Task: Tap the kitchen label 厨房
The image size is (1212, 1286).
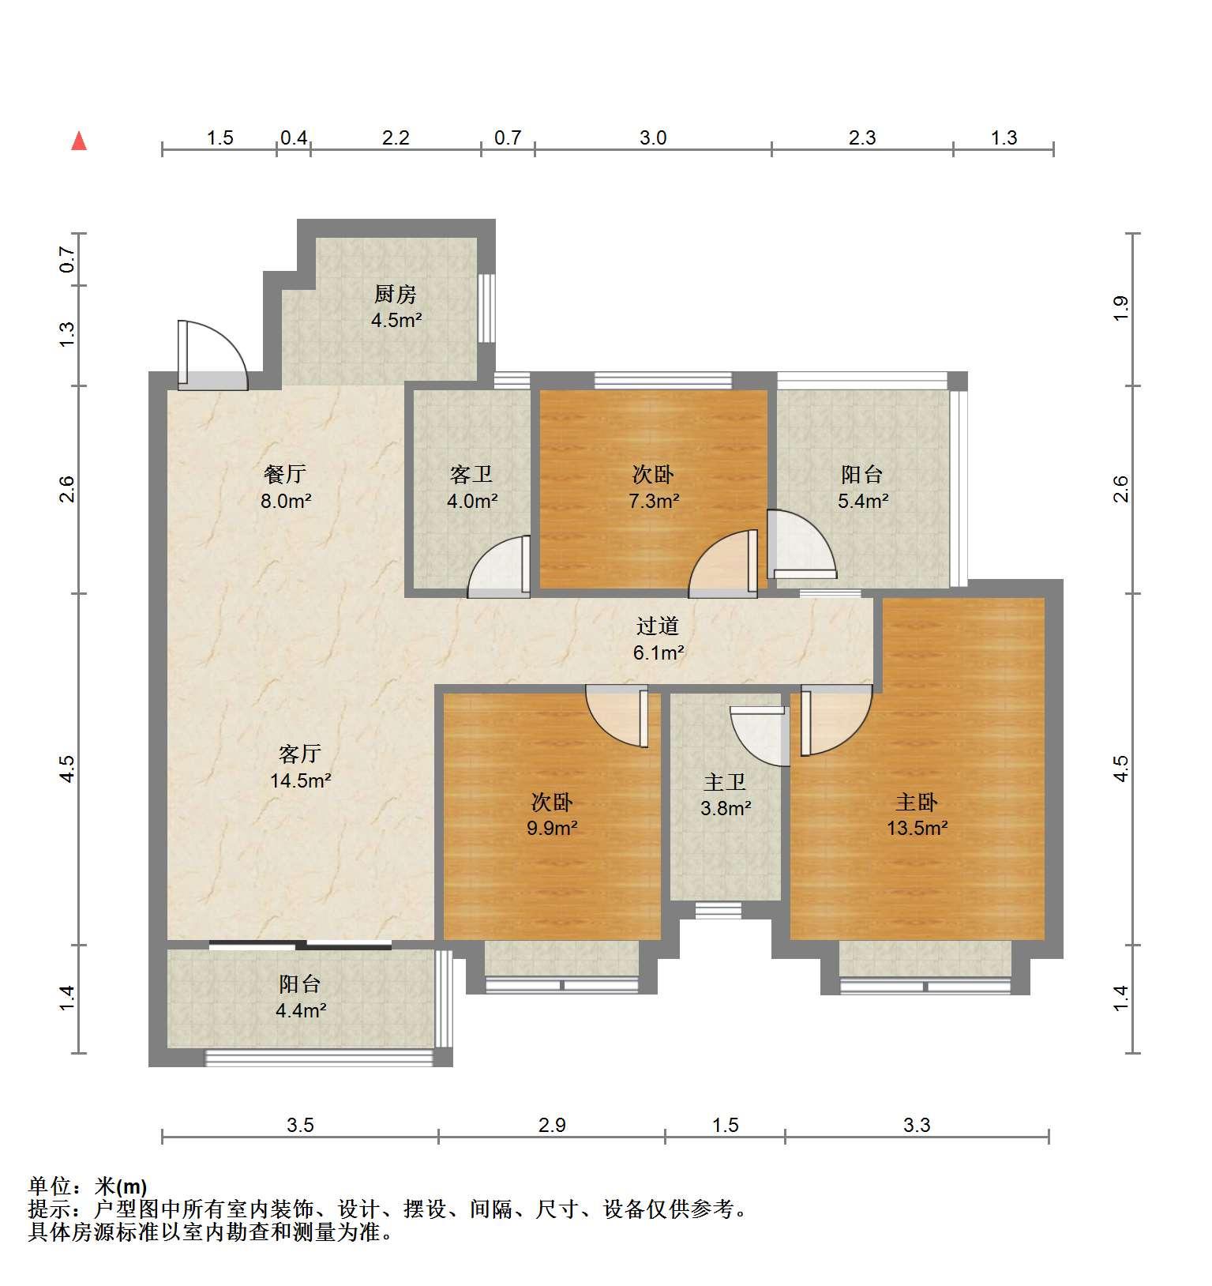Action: point(395,295)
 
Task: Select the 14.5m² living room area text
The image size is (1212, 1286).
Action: point(300,780)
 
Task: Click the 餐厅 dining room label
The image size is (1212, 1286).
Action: point(285,474)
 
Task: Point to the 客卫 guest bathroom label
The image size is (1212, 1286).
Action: point(471,474)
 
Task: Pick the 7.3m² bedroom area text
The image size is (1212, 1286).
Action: point(654,500)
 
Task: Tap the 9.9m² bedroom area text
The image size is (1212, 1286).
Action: point(552,828)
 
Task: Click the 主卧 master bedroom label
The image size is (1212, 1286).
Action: point(916,802)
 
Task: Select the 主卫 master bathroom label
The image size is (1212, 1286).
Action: point(725,782)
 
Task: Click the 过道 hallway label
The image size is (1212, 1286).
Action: point(658,626)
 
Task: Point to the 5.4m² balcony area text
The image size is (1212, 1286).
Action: point(863,500)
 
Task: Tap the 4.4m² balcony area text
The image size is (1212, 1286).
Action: point(301,1010)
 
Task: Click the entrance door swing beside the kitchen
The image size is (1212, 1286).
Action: point(212,354)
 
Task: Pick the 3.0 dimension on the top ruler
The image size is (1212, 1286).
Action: point(653,138)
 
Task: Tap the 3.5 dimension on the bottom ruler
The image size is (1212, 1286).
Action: point(300,1125)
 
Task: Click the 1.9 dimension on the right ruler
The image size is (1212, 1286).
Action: point(1120,309)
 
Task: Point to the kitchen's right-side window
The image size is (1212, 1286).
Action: point(486,308)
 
